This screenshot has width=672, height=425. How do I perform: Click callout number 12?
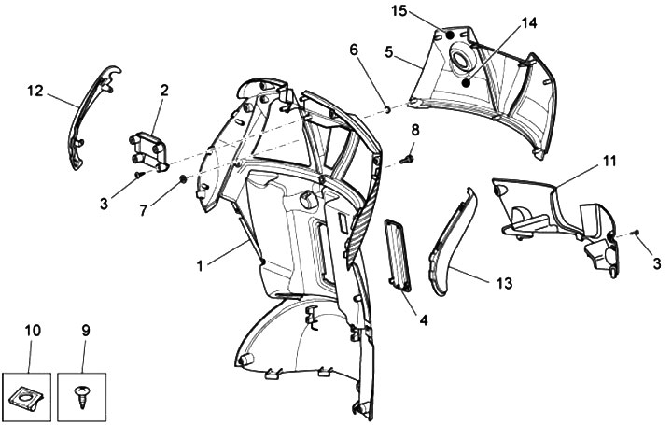[35, 91]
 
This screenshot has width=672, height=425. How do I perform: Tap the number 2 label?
[163, 91]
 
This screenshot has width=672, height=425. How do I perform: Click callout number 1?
[200, 265]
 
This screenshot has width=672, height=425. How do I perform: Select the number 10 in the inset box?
[34, 330]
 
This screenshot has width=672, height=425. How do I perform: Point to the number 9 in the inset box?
[85, 330]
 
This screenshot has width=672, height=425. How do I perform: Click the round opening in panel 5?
[461, 62]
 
